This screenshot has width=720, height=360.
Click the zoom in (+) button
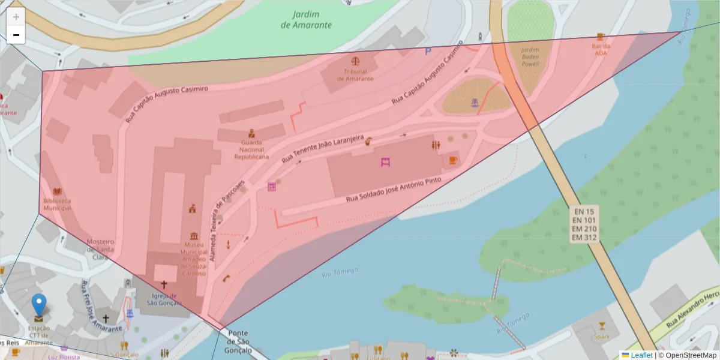[16, 17]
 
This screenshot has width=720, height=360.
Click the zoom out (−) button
[16, 35]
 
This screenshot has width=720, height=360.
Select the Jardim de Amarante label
[306, 19]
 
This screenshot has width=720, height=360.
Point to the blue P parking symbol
[428, 52]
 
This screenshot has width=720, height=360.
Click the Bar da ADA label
[601, 49]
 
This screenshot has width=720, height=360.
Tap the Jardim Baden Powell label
[530, 57]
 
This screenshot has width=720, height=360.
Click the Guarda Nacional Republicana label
[251, 149]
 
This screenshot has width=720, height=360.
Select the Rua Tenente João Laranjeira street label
[323, 149]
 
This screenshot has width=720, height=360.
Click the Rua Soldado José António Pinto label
[394, 190]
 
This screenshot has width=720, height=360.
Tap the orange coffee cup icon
[453, 160]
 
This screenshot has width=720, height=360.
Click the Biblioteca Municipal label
[57, 204]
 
